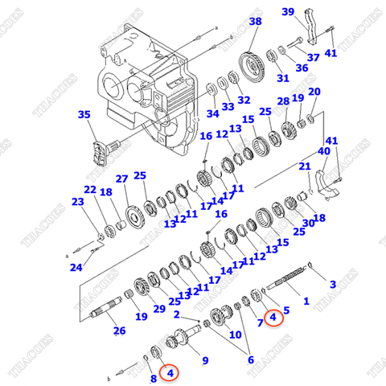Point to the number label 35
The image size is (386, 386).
[x=84, y=116]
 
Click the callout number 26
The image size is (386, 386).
[x=119, y=330]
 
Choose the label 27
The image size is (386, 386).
[x=121, y=179]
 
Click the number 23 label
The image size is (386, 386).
[x=77, y=202]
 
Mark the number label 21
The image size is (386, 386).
[x=305, y=166]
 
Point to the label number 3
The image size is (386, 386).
[x=333, y=284]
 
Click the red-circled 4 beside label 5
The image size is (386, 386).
[x=273, y=318]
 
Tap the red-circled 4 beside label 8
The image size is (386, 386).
[x=170, y=372]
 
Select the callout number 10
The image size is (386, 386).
[x=235, y=335]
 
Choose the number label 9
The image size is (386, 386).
[x=203, y=360]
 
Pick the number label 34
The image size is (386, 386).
[x=211, y=113]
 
